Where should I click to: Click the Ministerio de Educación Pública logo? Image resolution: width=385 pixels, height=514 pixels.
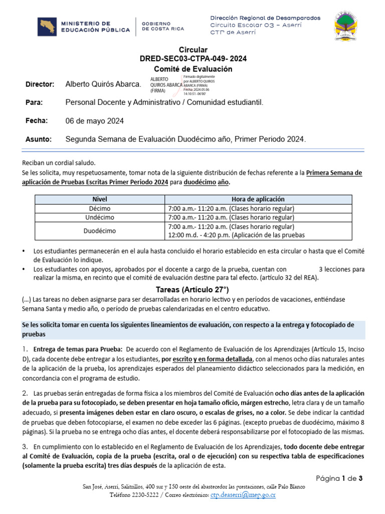click(x=84, y=27)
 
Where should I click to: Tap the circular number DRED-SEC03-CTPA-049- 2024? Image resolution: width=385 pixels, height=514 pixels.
click(x=193, y=59)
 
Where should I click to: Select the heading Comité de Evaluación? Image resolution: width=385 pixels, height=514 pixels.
click(x=193, y=68)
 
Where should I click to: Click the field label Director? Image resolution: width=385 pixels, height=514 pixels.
click(x=40, y=84)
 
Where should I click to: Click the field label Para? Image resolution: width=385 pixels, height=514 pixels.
click(x=34, y=102)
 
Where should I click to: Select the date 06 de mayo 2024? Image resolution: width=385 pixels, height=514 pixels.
click(x=95, y=121)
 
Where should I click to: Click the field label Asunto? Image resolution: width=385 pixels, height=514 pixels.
click(x=39, y=139)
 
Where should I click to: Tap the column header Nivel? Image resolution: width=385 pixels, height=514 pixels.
click(x=100, y=199)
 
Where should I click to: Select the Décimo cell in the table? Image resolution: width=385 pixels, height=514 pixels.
click(x=100, y=208)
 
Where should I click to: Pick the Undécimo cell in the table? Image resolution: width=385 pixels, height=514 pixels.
click(x=100, y=217)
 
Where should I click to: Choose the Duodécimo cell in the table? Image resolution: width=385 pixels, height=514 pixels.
click(x=100, y=231)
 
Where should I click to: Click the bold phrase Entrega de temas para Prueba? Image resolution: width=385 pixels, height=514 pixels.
click(x=78, y=349)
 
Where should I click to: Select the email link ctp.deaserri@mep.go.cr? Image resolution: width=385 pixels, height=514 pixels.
click(x=243, y=495)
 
